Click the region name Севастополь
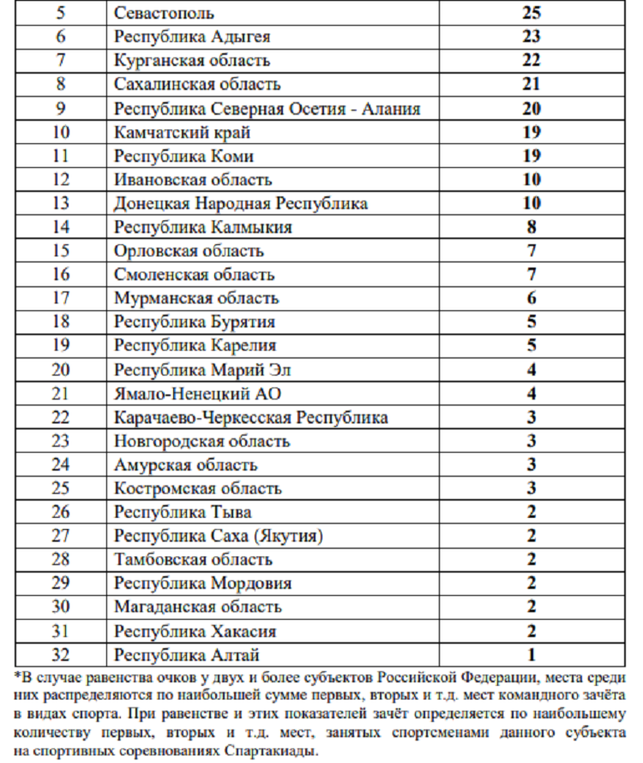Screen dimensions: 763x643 click(164, 14)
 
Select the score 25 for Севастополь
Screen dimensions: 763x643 click(531, 14)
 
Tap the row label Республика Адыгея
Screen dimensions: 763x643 click(192, 37)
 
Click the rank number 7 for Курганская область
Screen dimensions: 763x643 click(60, 61)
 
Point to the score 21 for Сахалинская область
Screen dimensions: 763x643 click(531, 85)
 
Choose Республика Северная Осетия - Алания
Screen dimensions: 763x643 click(267, 109)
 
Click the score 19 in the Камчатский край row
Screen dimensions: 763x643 click(531, 133)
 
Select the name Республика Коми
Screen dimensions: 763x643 click(183, 156)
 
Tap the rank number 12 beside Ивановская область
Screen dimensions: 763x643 click(60, 180)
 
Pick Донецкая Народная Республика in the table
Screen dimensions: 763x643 click(241, 204)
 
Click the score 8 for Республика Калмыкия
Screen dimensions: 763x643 click(531, 228)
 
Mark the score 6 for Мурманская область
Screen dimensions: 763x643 click(531, 299)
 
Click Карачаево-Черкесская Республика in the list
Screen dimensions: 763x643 click(250, 418)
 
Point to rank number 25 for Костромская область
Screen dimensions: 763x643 click(60, 490)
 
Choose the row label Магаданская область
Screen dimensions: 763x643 click(197, 608)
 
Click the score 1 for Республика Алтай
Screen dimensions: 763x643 click(531, 656)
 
